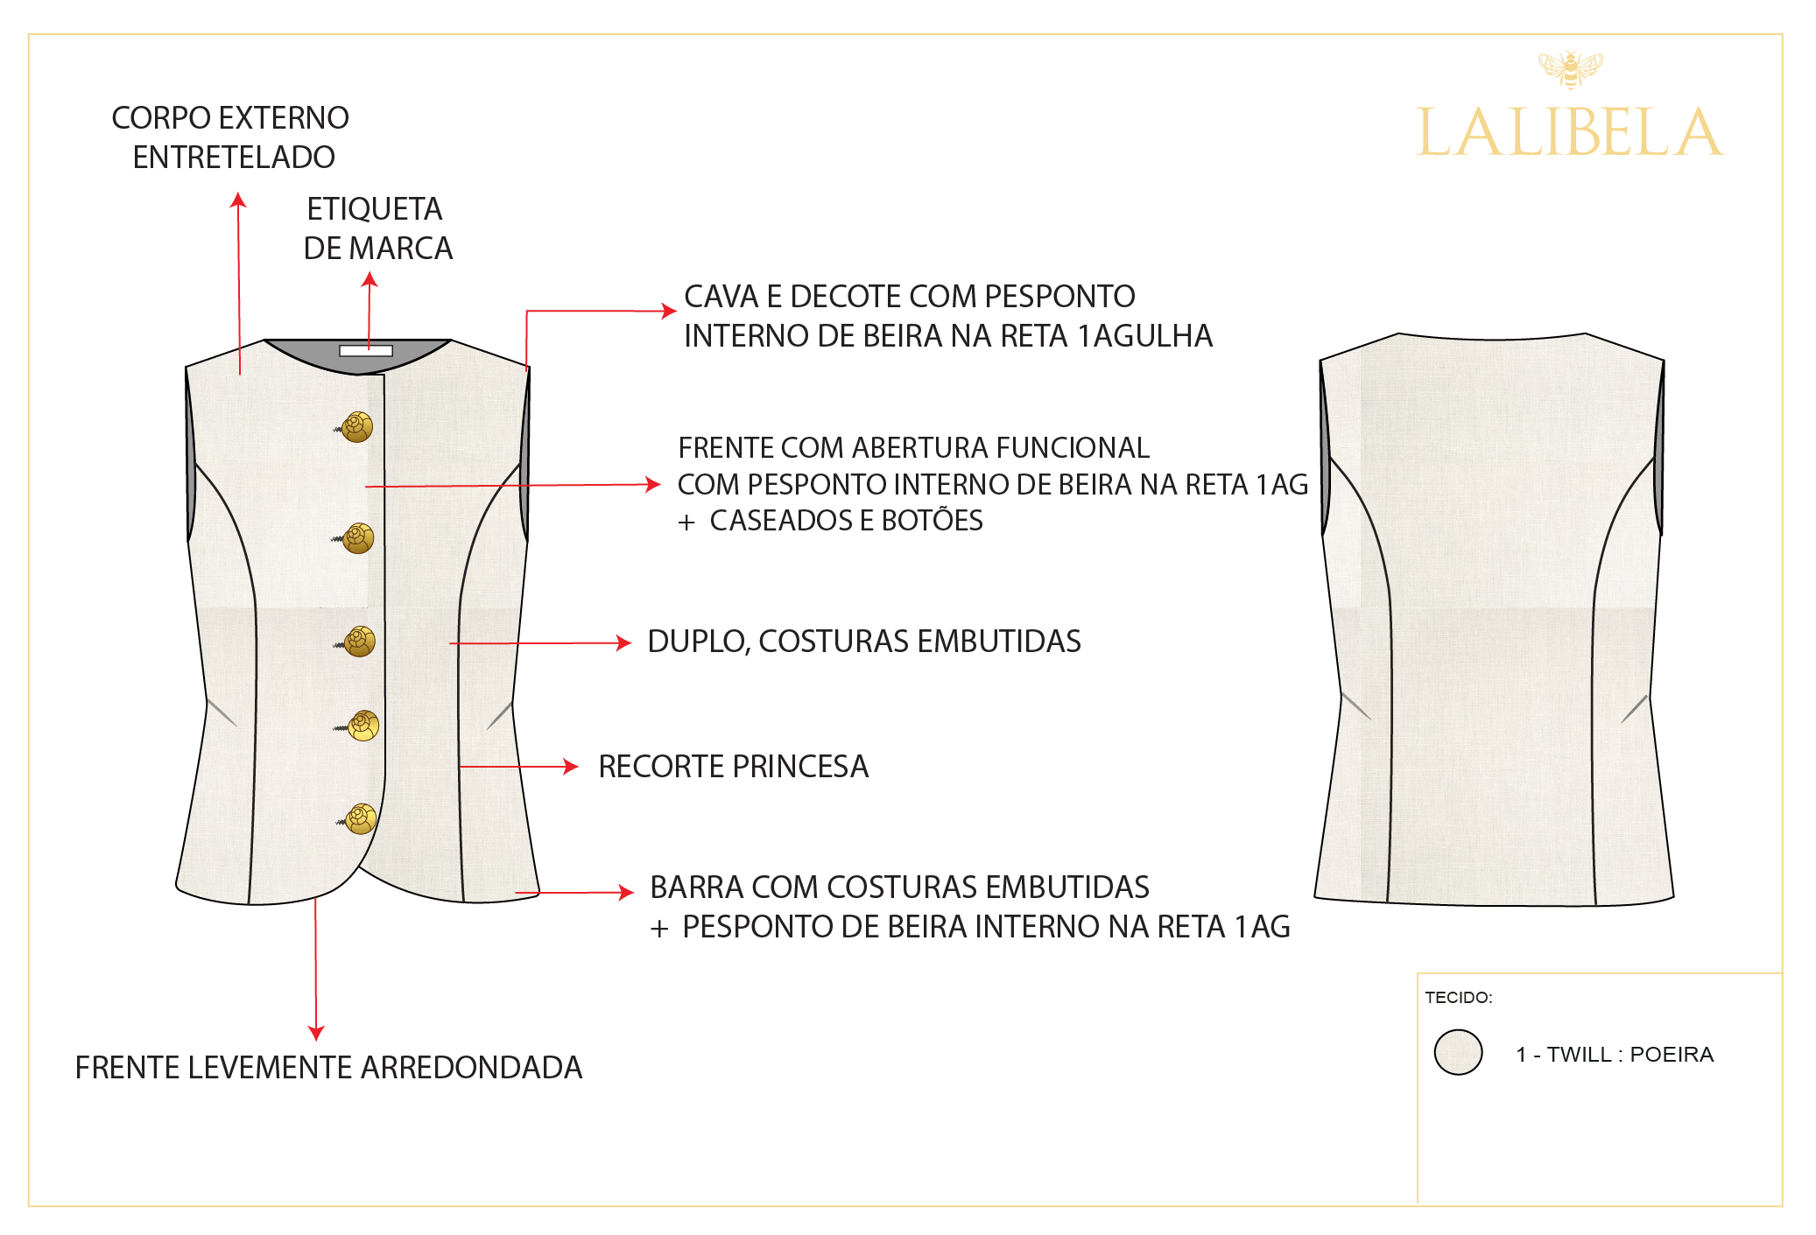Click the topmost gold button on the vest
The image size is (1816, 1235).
pos(357,427)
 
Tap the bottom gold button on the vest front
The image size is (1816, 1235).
pos(361,819)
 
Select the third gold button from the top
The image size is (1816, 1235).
pos(359,642)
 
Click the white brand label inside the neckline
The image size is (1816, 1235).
pos(366,351)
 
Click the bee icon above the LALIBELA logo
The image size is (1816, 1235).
pos(1570,68)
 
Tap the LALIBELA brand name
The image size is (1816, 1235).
pos(1570,134)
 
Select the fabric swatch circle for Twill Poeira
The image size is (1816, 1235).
pos(1458,1052)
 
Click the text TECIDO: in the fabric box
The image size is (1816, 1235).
pos(1458,998)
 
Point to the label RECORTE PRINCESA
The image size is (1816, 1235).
pos(733,767)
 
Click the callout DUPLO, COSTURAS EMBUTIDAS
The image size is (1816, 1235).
pos(863,642)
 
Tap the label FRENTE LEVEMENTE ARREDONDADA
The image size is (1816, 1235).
pos(328,1068)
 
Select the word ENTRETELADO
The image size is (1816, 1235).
pos(234,158)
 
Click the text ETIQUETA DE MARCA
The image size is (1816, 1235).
pos(377,228)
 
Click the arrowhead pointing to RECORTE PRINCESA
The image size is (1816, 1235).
pos(572,767)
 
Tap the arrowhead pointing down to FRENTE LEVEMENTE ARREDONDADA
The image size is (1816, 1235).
pos(316,1034)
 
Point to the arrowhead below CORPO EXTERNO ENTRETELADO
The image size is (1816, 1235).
pos(238,200)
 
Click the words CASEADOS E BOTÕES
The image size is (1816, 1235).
pos(846,521)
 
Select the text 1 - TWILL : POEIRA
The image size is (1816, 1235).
pos(1615,1055)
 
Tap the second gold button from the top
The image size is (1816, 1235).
pos(358,538)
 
